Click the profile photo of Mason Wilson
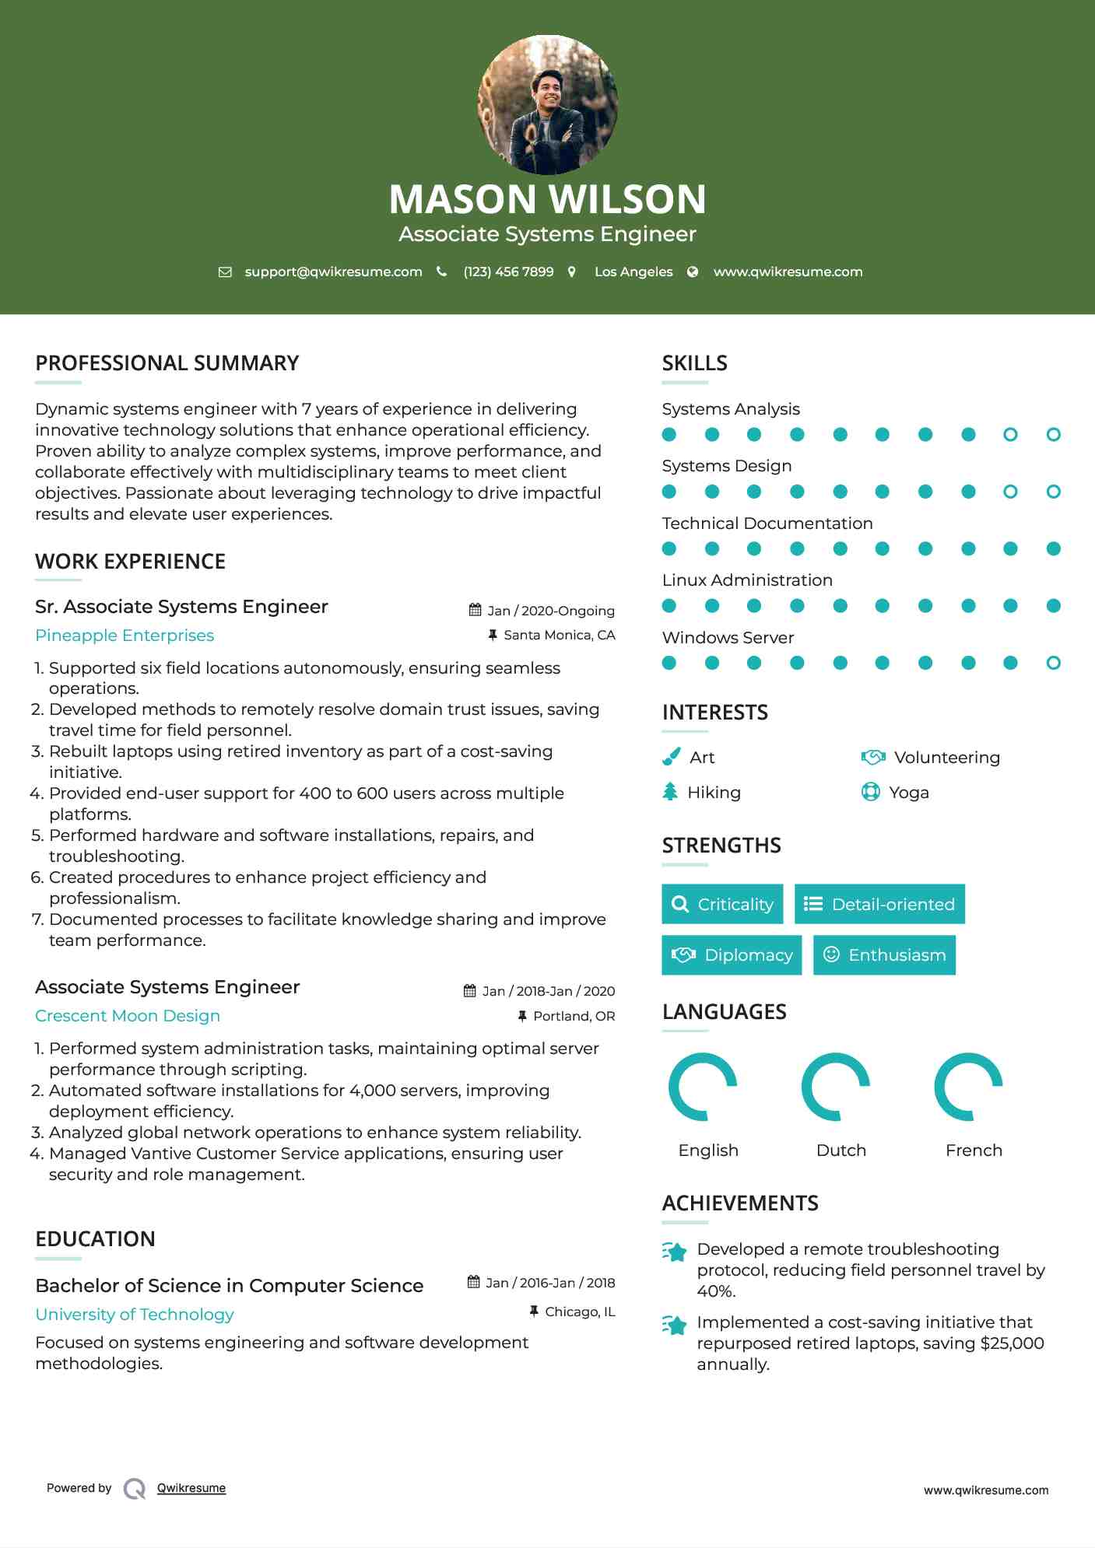click(x=547, y=104)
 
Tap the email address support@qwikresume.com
click(x=333, y=271)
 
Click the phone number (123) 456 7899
click(x=508, y=271)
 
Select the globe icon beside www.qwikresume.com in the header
click(x=693, y=271)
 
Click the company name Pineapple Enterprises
click(x=125, y=636)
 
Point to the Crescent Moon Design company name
click(x=128, y=1016)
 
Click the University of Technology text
click(x=135, y=1315)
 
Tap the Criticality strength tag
click(x=722, y=904)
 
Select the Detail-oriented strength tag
click(x=879, y=904)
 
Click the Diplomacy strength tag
click(x=732, y=955)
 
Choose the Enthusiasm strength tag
click(x=884, y=955)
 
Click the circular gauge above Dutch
click(x=836, y=1087)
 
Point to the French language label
click(x=974, y=1150)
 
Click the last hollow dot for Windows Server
click(x=1053, y=663)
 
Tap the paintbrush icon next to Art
click(x=671, y=757)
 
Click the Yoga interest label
click(x=909, y=793)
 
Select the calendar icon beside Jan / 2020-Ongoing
click(x=475, y=610)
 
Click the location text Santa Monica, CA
click(x=560, y=636)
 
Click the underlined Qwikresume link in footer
click(x=191, y=1488)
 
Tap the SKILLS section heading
click(x=695, y=363)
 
